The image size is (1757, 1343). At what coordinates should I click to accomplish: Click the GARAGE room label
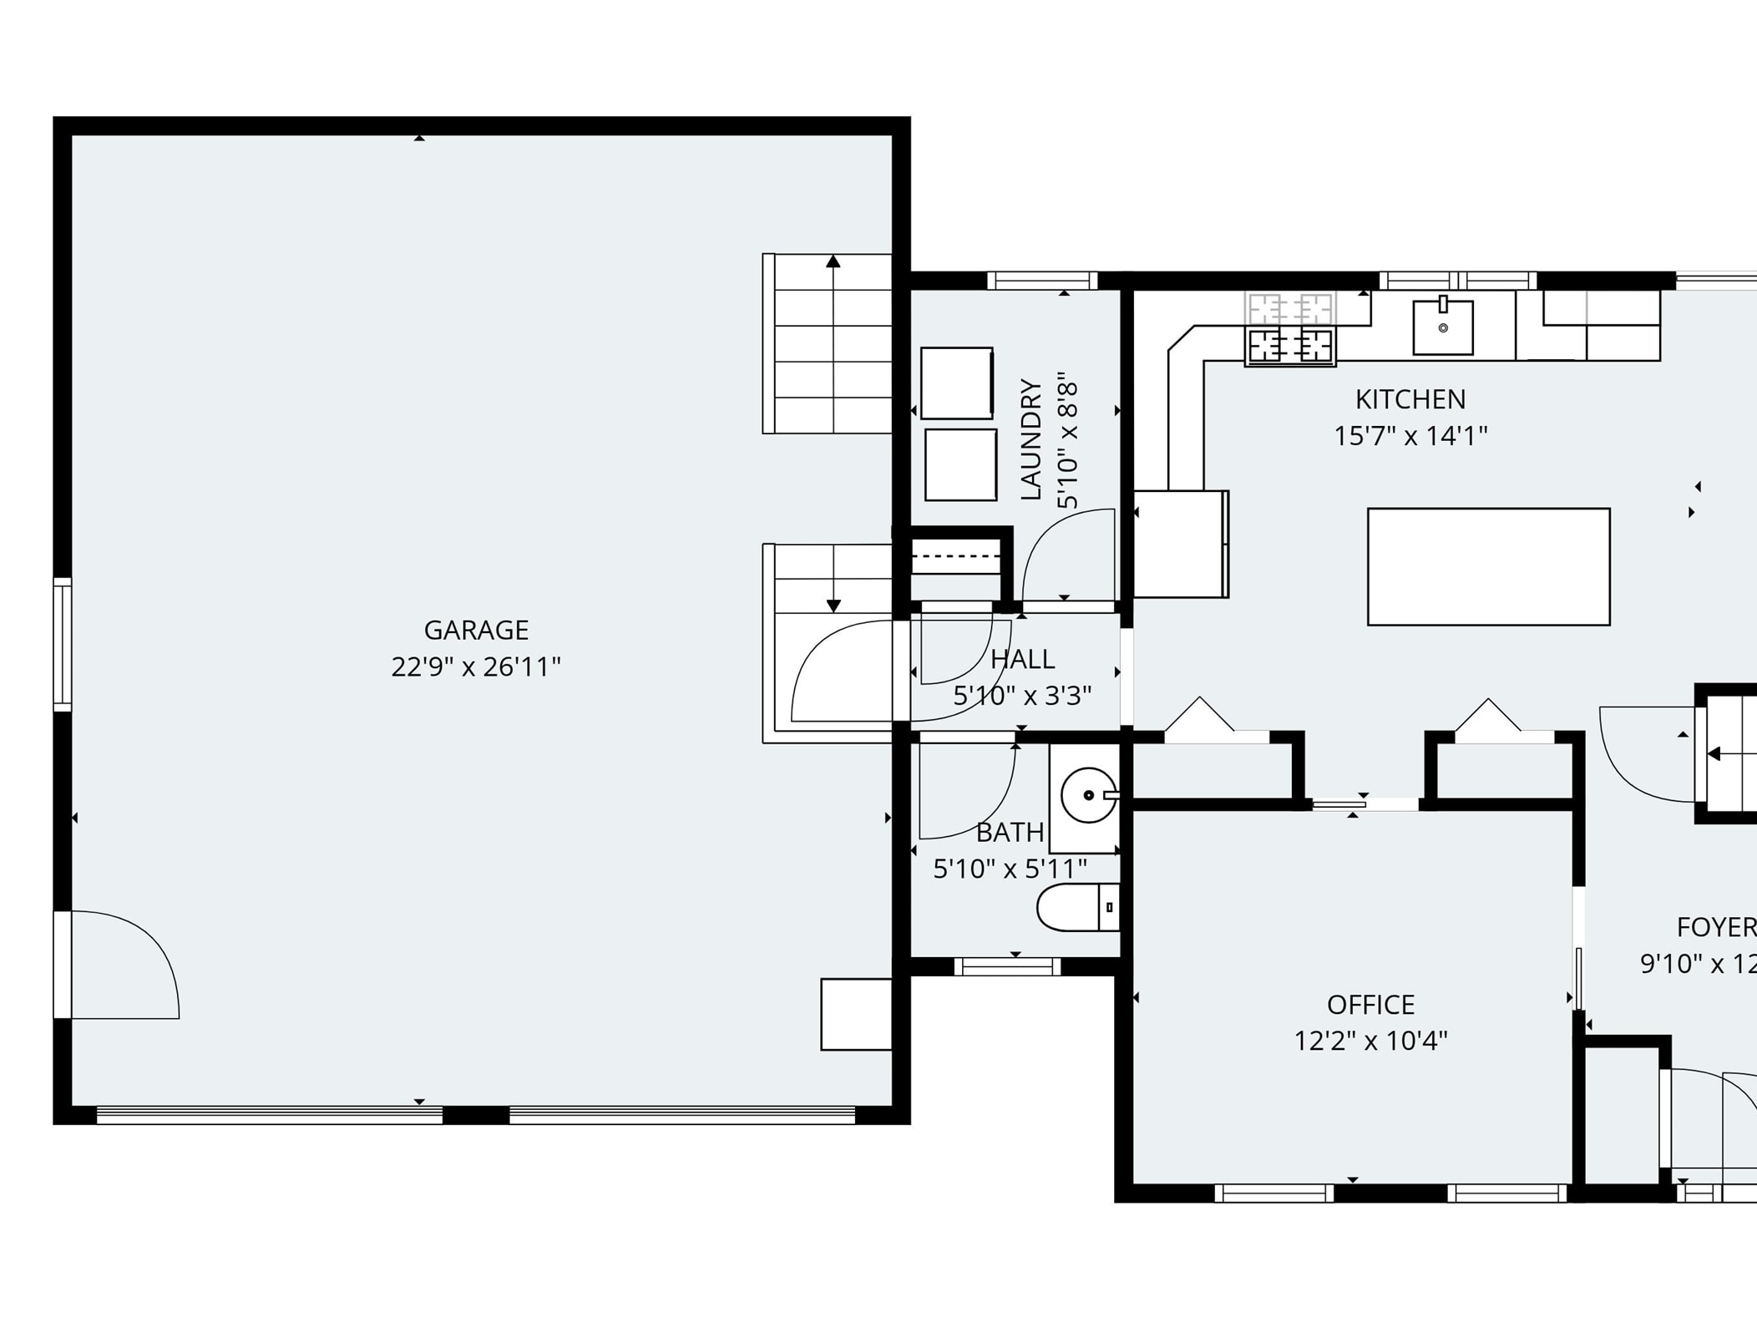coord(476,630)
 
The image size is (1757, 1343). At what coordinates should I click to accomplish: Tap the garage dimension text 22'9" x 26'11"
coord(476,667)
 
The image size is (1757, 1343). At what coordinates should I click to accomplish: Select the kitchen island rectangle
coord(1488,566)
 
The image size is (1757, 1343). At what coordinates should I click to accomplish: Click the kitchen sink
coord(1442,327)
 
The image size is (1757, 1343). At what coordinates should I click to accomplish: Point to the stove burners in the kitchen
coord(1290,344)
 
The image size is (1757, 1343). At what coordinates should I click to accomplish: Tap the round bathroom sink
coord(1088,795)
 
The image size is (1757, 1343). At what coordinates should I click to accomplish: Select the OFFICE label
coord(1370,1004)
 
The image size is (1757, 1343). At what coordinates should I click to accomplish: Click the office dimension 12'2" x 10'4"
coord(1370,1041)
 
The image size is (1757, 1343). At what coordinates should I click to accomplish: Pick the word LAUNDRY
coord(1031,440)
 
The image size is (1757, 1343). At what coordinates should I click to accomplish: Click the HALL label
coord(1022,659)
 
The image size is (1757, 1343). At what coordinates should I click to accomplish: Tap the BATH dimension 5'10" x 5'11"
coord(1010,869)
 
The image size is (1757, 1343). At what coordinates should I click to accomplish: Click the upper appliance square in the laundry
coord(957,383)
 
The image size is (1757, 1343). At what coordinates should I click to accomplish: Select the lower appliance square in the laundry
coord(960,465)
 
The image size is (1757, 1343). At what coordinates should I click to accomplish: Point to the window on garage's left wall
coord(63,644)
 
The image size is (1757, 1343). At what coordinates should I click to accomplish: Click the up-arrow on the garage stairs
coord(833,262)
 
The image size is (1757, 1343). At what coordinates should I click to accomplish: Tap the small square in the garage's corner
coord(856,1014)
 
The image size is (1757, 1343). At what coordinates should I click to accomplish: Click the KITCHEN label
coord(1410,399)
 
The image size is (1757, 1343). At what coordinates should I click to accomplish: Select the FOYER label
coord(1715,927)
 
